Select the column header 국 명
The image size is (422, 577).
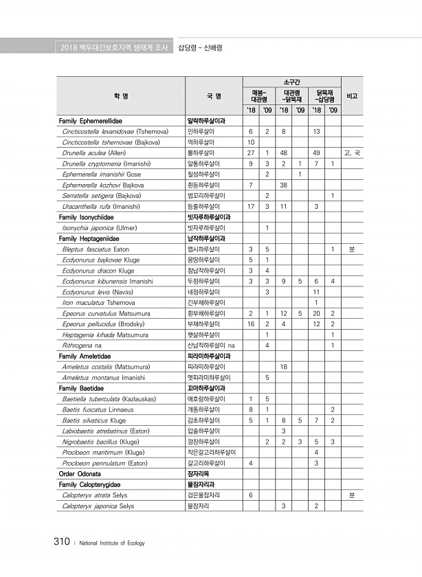click(213, 96)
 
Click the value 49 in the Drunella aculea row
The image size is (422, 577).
click(316, 152)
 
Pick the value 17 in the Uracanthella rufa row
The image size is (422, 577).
click(250, 206)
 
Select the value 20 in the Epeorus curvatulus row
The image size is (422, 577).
click(316, 314)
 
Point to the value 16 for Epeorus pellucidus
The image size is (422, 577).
click(250, 324)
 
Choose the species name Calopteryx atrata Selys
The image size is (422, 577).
click(94, 495)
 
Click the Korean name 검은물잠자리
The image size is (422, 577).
click(204, 495)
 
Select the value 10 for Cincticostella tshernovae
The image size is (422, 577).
click(250, 142)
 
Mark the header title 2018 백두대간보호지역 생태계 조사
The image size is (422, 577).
click(114, 47)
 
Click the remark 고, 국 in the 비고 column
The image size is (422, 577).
click(352, 152)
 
